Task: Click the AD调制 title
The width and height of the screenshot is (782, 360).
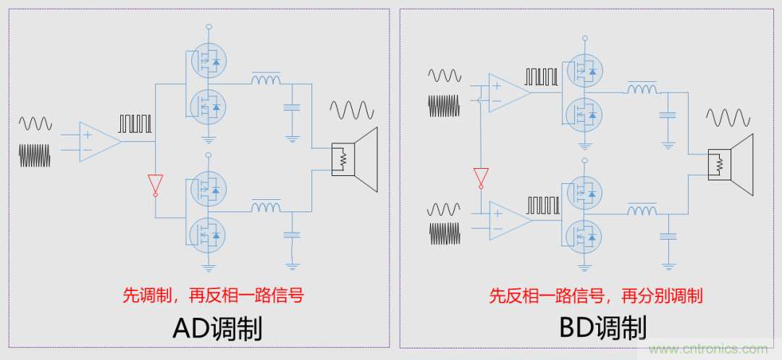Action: tap(217, 329)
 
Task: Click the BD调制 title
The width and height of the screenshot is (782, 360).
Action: tap(603, 329)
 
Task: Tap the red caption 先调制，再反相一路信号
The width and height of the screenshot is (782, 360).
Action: tap(211, 295)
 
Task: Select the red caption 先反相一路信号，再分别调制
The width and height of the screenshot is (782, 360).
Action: tap(596, 296)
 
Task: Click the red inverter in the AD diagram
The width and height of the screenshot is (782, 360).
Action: tap(154, 185)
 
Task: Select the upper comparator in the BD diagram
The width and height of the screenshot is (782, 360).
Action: tap(509, 93)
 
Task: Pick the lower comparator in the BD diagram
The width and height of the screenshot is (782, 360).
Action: tap(509, 219)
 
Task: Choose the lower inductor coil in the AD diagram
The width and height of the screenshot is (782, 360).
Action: tap(266, 207)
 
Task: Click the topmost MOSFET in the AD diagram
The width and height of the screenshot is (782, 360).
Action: tap(208, 61)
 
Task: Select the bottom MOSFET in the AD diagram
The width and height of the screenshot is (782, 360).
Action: tap(208, 234)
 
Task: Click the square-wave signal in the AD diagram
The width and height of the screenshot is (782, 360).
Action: tap(135, 123)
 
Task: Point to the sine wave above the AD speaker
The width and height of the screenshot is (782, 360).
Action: tap(352, 111)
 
